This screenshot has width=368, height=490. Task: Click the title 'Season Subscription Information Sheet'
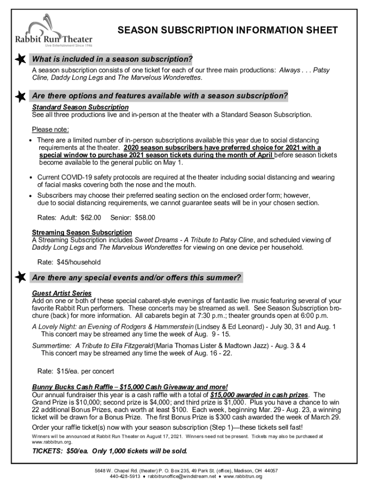pos(227,31)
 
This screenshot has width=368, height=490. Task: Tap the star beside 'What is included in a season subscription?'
pos(21,59)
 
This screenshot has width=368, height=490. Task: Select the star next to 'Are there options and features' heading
pos(21,96)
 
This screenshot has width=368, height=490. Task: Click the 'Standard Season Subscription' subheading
pos(80,107)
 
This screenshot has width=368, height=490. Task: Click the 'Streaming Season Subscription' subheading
pos(82,233)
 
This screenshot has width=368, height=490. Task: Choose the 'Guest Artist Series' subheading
pos(62,293)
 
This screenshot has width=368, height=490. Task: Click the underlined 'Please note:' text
pos(51,130)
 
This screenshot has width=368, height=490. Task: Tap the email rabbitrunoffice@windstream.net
pos(182,477)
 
